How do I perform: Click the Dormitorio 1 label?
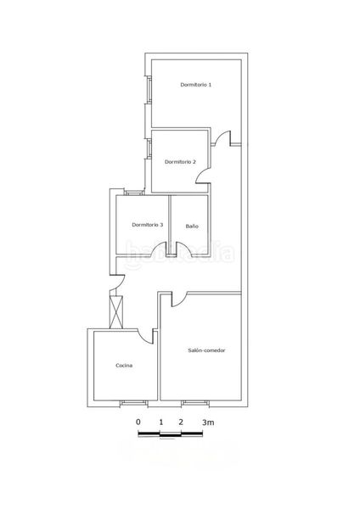196,85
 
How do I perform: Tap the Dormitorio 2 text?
180,162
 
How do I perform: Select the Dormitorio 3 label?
148,225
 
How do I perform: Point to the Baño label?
192,226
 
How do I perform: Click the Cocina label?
124,366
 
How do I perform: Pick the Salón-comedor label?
206,350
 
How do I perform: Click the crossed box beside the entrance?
116,312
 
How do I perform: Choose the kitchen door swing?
146,334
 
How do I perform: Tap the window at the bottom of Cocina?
134,403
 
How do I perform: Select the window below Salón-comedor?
195,403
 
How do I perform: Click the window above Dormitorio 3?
134,193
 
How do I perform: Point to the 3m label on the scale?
208,422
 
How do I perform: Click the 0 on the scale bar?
138,422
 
